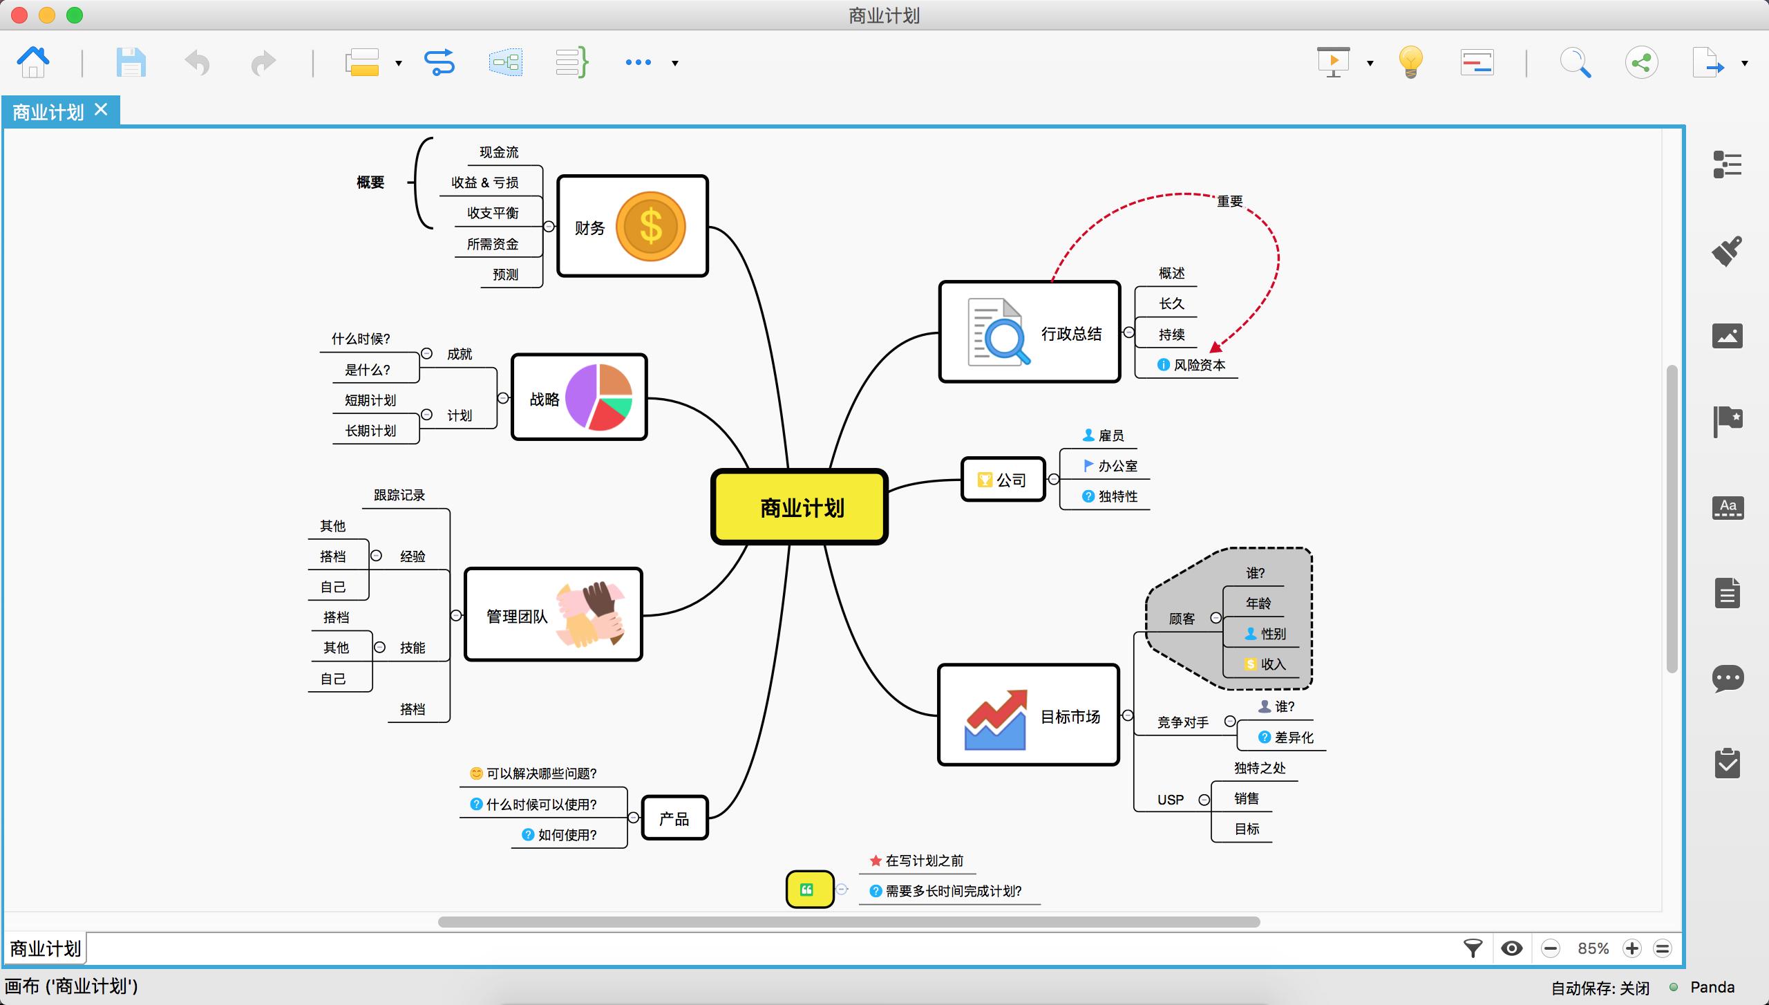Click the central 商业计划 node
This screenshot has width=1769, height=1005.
(x=800, y=507)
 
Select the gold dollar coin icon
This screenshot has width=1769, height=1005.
(x=650, y=226)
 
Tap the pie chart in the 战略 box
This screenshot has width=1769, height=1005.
(x=598, y=397)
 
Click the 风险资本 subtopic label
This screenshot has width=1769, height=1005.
(x=1199, y=365)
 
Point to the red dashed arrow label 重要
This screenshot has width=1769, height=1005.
(x=1229, y=201)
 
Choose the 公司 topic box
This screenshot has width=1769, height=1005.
(x=1003, y=479)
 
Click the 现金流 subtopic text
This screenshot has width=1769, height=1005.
(x=499, y=152)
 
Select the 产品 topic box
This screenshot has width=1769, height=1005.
(x=674, y=818)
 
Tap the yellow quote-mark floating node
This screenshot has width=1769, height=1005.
(x=809, y=889)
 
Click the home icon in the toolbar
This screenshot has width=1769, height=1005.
(x=32, y=63)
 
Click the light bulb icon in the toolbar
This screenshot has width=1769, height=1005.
(x=1410, y=63)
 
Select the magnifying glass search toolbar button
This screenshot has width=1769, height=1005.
(x=1575, y=63)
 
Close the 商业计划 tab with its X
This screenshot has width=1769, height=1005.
(x=102, y=110)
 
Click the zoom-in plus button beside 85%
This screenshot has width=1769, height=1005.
(x=1632, y=948)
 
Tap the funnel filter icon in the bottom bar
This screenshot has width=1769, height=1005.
(x=1473, y=948)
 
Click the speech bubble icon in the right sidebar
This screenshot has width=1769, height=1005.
(x=1728, y=678)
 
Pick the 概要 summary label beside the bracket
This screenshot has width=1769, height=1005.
(x=370, y=182)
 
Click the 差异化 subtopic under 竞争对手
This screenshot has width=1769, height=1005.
(x=1294, y=738)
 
